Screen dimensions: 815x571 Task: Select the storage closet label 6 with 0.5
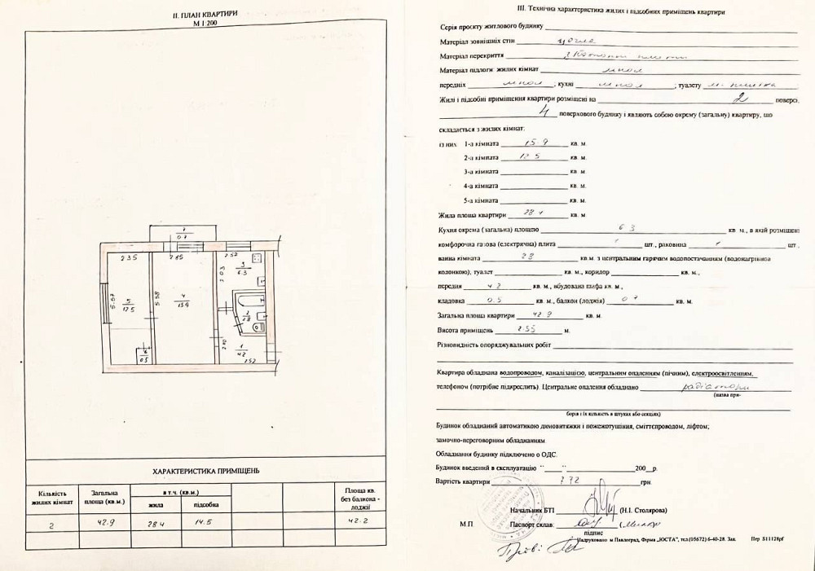[x=143, y=355]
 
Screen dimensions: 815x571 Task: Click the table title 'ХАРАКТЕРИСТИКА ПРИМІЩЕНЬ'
[x=206, y=472]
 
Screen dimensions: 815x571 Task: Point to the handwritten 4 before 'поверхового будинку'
[x=534, y=116]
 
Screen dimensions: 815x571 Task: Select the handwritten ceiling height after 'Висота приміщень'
[x=531, y=330]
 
